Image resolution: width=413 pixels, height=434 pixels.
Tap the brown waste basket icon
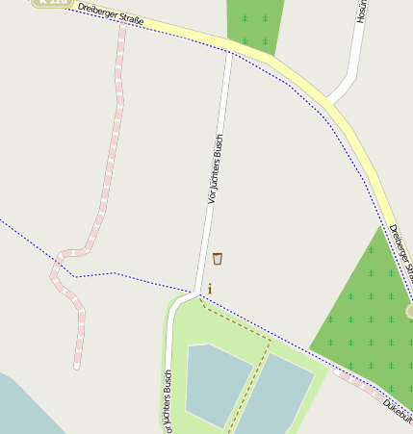tap(218, 258)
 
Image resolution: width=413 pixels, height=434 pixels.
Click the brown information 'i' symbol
tap(210, 288)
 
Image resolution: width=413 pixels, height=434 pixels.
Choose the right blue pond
tap(279, 395)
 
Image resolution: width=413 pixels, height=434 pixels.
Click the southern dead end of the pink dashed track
tap(77, 365)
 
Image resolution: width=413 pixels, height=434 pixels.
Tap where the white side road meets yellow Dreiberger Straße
tap(328, 99)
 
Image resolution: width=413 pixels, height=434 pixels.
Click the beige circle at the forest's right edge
tap(410, 311)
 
